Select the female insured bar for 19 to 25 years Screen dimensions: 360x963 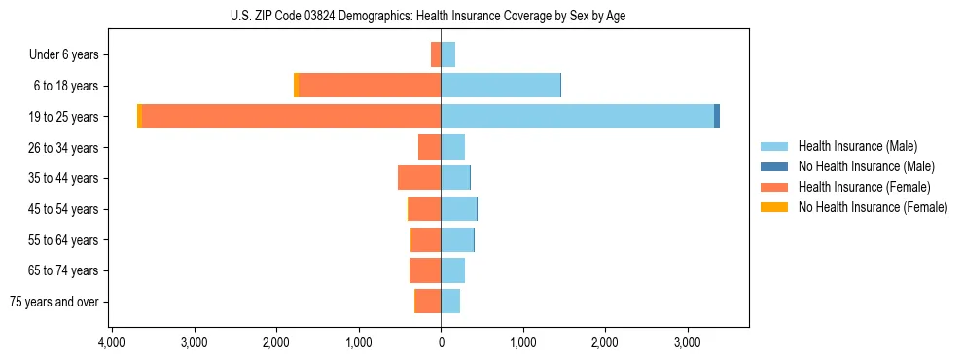point(291,117)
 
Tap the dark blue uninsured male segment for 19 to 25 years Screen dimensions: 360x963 point(717,117)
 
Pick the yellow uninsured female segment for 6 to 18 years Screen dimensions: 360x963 point(296,86)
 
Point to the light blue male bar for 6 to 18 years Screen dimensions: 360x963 point(500,86)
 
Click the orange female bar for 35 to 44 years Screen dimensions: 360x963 point(419,178)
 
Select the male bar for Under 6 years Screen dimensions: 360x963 point(448,54)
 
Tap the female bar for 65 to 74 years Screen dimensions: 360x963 point(425,270)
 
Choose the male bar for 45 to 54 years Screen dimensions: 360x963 point(458,209)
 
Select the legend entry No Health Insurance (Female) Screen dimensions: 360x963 point(873,207)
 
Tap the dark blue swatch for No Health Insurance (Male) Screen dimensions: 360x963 point(774,166)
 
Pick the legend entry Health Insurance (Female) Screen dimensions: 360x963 point(864,187)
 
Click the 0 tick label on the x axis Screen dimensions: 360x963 point(441,343)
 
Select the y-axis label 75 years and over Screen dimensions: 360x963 point(54,302)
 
